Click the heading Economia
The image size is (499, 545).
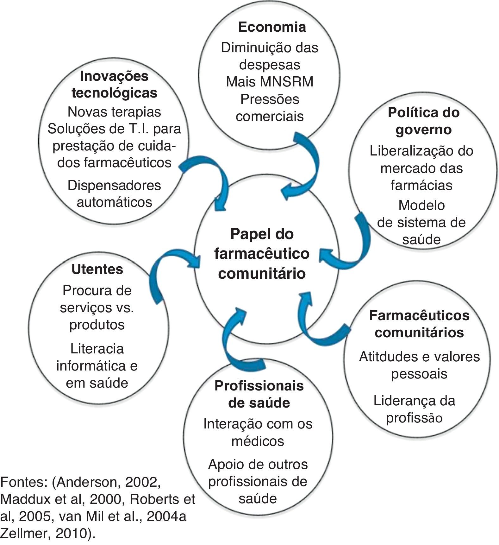tap(272, 27)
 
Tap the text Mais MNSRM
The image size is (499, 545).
tap(270, 82)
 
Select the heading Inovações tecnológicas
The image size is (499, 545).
tap(114, 85)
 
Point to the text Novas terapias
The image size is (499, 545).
tap(114, 112)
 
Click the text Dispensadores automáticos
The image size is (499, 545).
tap(114, 193)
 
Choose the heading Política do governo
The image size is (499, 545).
tap(423, 121)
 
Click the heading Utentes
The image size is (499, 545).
tap(97, 269)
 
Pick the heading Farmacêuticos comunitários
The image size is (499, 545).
tap(419, 324)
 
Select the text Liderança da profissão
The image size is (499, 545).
tap(414, 409)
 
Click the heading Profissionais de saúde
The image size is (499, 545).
tap(259, 394)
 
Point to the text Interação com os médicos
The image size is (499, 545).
tap(258, 432)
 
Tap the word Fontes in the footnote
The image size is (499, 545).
tap(23, 483)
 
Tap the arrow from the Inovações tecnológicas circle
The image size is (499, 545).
tap(212, 177)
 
